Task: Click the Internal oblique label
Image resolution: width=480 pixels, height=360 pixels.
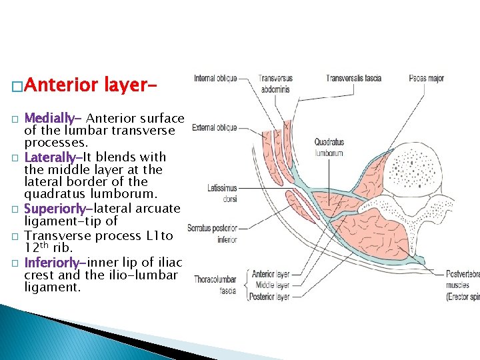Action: tap(215, 79)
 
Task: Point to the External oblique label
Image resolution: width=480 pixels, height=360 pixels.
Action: tap(214, 127)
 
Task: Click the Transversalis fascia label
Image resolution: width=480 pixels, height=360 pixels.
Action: tap(353, 79)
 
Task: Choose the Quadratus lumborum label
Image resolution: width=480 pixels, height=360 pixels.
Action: tap(329, 147)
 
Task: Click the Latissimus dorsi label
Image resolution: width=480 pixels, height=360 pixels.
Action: tap(222, 193)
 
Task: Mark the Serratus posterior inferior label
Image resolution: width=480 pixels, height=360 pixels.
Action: tap(213, 234)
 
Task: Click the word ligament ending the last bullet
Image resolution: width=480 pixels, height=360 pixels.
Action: tap(52, 288)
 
